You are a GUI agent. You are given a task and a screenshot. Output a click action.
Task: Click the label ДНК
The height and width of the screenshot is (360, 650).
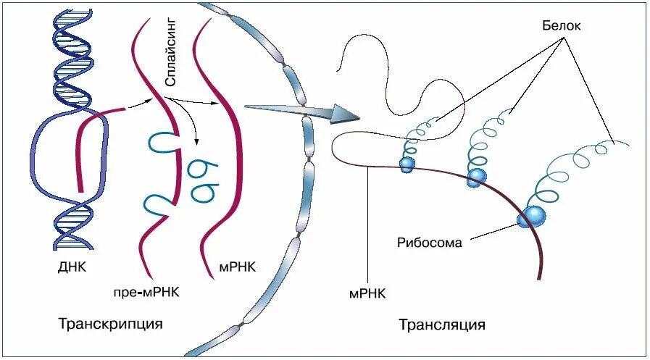[72, 267]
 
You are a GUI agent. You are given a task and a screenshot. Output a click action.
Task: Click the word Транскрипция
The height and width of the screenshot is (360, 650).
[109, 322]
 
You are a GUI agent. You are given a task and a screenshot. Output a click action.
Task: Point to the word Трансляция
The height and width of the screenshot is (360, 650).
[441, 324]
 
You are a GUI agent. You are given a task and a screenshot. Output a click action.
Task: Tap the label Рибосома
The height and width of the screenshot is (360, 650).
[429, 243]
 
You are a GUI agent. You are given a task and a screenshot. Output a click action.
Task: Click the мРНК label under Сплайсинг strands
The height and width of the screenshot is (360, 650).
[237, 267]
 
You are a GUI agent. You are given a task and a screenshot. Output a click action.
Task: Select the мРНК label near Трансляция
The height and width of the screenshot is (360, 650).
[367, 293]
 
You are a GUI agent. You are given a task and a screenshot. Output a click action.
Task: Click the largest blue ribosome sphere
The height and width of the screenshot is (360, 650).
[533, 215]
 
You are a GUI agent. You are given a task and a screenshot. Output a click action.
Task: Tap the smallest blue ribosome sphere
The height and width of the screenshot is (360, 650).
[407, 164]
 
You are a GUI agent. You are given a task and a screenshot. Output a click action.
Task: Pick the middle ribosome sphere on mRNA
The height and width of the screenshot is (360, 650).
[475, 177]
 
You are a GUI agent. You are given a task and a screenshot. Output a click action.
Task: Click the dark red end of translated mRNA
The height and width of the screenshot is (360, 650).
[539, 274]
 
